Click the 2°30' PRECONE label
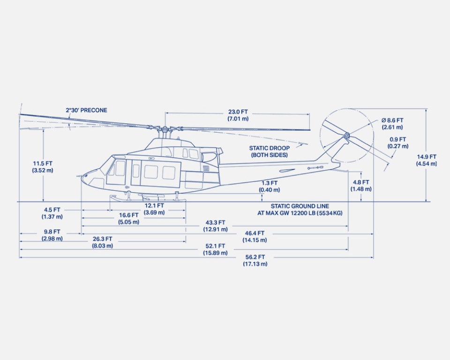tap(86, 111)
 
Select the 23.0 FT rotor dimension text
tap(238, 115)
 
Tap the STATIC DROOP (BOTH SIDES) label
tap(269, 151)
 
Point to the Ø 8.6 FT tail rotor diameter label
tap(392, 124)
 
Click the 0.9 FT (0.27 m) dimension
tap(397, 143)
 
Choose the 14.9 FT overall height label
tap(426, 160)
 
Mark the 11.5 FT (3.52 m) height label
tap(43, 167)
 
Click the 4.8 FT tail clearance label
tap(361, 186)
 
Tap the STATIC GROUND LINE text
tap(300, 210)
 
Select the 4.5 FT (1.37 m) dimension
tap(52, 213)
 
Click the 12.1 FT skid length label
tap(154, 209)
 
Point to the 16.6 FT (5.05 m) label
tap(128, 218)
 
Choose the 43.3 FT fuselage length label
tap(215, 226)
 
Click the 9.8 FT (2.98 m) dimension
tap(52, 235)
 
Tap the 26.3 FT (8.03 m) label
tap(102, 242)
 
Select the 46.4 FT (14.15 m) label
tap(255, 237)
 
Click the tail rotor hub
tap(346, 136)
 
